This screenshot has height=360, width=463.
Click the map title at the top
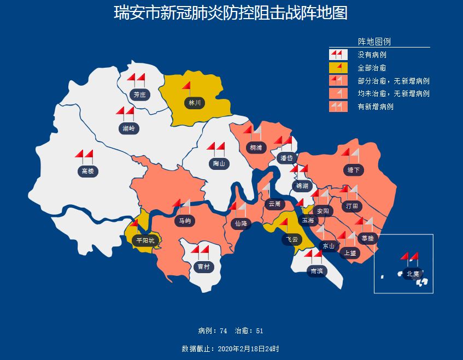[231, 13]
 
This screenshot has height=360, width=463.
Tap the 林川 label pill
[195, 103]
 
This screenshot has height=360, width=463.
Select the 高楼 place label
[87, 172]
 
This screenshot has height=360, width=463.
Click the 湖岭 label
[128, 129]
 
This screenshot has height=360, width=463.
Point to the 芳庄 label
[140, 95]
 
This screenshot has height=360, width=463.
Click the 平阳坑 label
[145, 240]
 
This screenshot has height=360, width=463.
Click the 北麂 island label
[413, 274]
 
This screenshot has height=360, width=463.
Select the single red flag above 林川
[186, 87]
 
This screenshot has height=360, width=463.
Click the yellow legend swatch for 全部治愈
[338, 68]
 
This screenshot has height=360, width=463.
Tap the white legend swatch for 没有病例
[338, 55]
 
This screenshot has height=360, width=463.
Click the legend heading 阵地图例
[374, 42]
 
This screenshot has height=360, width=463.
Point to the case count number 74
[223, 331]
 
